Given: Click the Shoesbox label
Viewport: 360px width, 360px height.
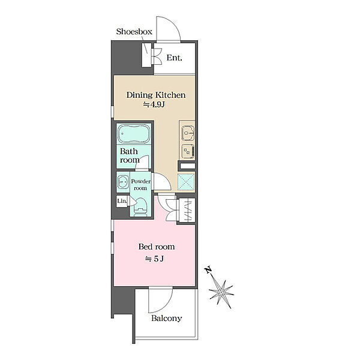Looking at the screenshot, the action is click(134, 31).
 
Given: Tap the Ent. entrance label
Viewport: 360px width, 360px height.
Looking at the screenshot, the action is click(174, 58).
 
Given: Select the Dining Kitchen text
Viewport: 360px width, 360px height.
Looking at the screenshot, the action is click(156, 95).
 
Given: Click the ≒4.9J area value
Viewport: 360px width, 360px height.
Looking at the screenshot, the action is click(154, 104).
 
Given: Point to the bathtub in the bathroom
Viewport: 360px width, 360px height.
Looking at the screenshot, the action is click(134, 134).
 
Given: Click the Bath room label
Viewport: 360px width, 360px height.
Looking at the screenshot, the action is click(130, 155).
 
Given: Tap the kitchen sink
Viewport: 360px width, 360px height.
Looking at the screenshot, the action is click(188, 133).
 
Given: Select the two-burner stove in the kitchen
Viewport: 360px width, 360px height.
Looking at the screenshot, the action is click(188, 152).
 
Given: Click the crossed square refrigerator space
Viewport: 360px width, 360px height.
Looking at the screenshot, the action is click(186, 182).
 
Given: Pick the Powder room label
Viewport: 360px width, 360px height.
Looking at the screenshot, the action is click(141, 185).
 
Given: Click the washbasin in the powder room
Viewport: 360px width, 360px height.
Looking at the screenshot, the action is click(123, 182).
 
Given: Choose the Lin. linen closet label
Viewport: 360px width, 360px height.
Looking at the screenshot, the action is click(122, 201).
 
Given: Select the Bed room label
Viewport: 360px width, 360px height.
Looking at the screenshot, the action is click(157, 247).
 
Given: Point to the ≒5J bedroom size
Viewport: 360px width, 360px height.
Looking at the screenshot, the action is click(154, 259).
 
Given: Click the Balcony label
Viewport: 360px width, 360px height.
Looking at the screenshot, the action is click(166, 318).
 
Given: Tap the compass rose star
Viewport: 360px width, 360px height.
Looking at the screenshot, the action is click(221, 292).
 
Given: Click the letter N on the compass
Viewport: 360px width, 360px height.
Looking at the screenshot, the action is click(208, 270).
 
